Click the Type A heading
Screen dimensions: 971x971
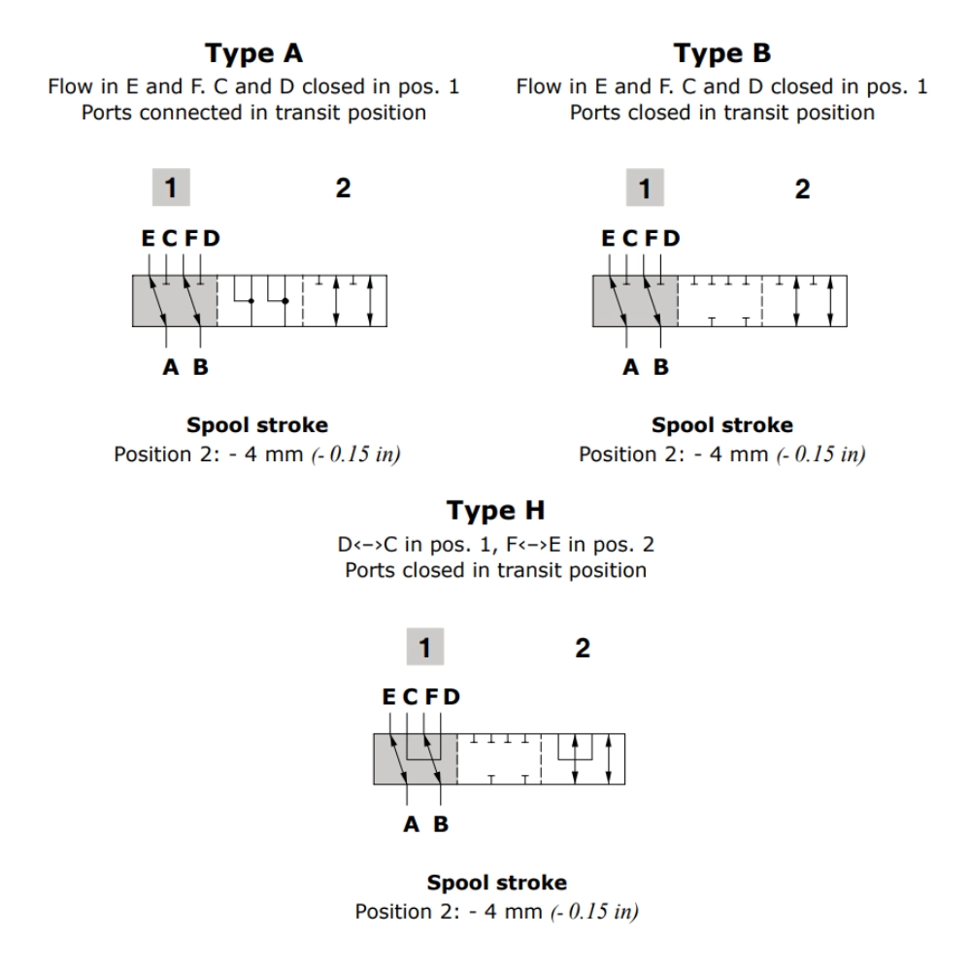(253, 54)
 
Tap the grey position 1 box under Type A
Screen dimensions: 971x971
(172, 188)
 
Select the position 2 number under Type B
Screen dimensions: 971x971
(802, 188)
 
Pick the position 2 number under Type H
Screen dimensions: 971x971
(583, 648)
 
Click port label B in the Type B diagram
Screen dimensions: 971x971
(661, 367)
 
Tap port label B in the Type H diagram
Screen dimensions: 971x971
(441, 826)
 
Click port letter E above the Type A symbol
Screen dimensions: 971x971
(149, 238)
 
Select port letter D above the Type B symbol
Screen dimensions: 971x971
(671, 238)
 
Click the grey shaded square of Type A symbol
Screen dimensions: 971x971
(173, 301)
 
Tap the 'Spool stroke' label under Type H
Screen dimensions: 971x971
(497, 884)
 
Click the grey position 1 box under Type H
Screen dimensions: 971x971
(423, 648)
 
